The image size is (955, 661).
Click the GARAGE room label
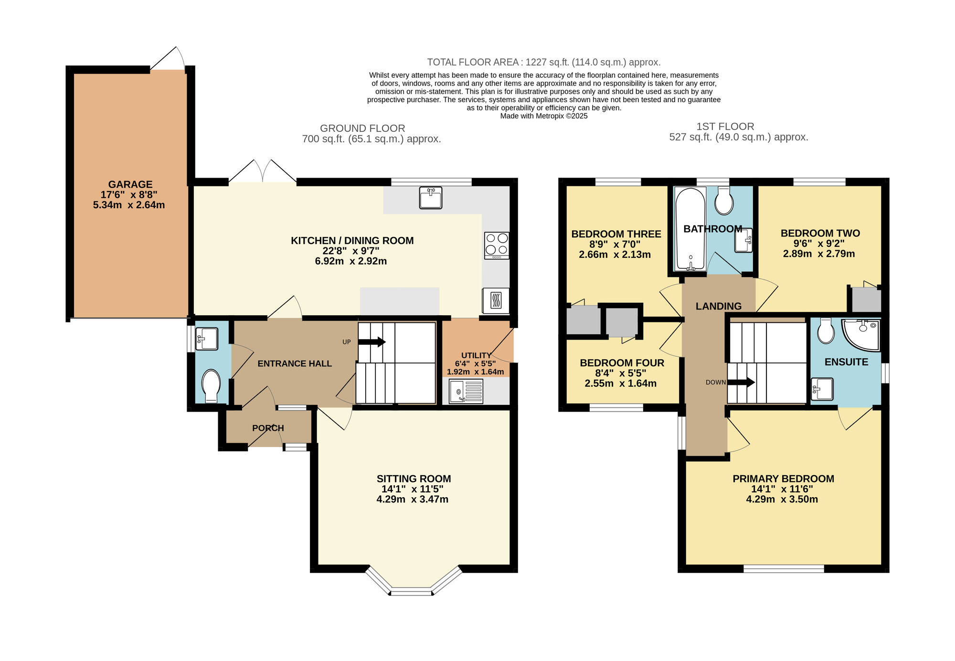point(130,184)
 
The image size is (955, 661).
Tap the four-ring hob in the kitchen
point(497,245)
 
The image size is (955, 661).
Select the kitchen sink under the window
point(430,198)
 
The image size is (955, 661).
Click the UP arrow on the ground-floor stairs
point(371,341)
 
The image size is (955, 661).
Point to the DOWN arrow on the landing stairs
point(741,382)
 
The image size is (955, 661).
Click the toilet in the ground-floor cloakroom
point(211,385)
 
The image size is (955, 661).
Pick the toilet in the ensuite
point(826,330)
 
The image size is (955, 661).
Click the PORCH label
point(268,428)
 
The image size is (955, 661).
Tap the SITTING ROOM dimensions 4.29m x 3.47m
point(412,500)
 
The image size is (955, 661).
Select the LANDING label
point(718,306)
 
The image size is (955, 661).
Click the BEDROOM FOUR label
point(622,363)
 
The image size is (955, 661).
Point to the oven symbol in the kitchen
point(496,301)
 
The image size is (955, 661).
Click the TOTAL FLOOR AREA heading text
point(543,62)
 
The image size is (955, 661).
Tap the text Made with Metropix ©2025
point(543,116)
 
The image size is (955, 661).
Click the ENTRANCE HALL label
point(295,363)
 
